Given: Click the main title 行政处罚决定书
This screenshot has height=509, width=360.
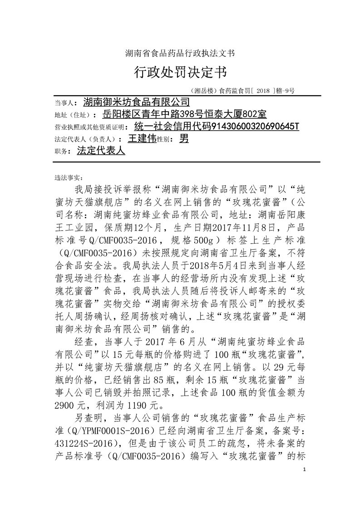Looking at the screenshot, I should click(180, 72).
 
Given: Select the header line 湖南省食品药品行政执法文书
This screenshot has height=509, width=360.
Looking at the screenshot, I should click(180, 53).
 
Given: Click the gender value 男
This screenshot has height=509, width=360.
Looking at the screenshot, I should click(184, 138).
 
